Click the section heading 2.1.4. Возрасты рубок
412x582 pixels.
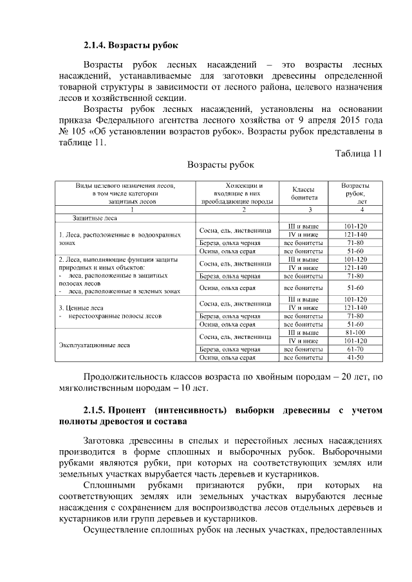click(130, 46)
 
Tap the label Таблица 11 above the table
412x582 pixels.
click(359, 153)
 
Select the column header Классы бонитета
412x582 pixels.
click(304, 194)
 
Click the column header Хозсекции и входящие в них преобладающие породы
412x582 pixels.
click(236, 194)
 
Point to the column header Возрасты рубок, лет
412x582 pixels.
click(355, 194)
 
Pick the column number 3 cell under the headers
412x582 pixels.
click(304, 210)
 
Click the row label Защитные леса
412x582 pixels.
click(93, 219)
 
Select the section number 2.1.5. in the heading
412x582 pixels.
click(98, 410)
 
